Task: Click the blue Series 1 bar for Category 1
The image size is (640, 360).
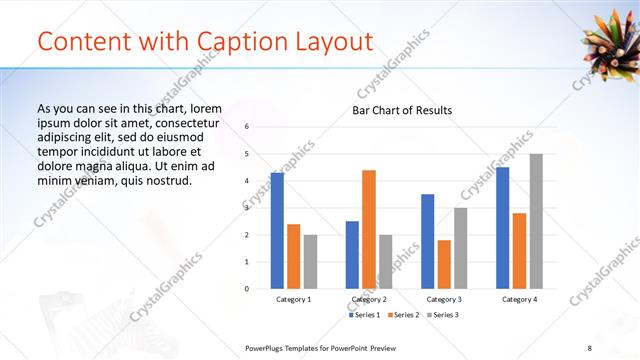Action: point(277,231)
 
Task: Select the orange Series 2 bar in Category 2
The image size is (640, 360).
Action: point(369,229)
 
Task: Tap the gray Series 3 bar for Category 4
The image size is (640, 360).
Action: point(536,221)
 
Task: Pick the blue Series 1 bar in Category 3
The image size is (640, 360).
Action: point(428,241)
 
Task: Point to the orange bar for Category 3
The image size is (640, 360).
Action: point(444,264)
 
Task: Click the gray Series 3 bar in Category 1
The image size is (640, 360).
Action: point(310,262)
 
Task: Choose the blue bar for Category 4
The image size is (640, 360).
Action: point(503,228)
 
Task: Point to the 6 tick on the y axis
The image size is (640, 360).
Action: point(247,127)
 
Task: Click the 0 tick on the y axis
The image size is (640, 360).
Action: point(247,289)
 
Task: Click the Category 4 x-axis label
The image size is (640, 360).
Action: point(519,299)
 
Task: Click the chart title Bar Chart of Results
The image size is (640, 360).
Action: point(402,110)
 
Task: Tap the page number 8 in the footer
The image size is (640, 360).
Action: point(617,347)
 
